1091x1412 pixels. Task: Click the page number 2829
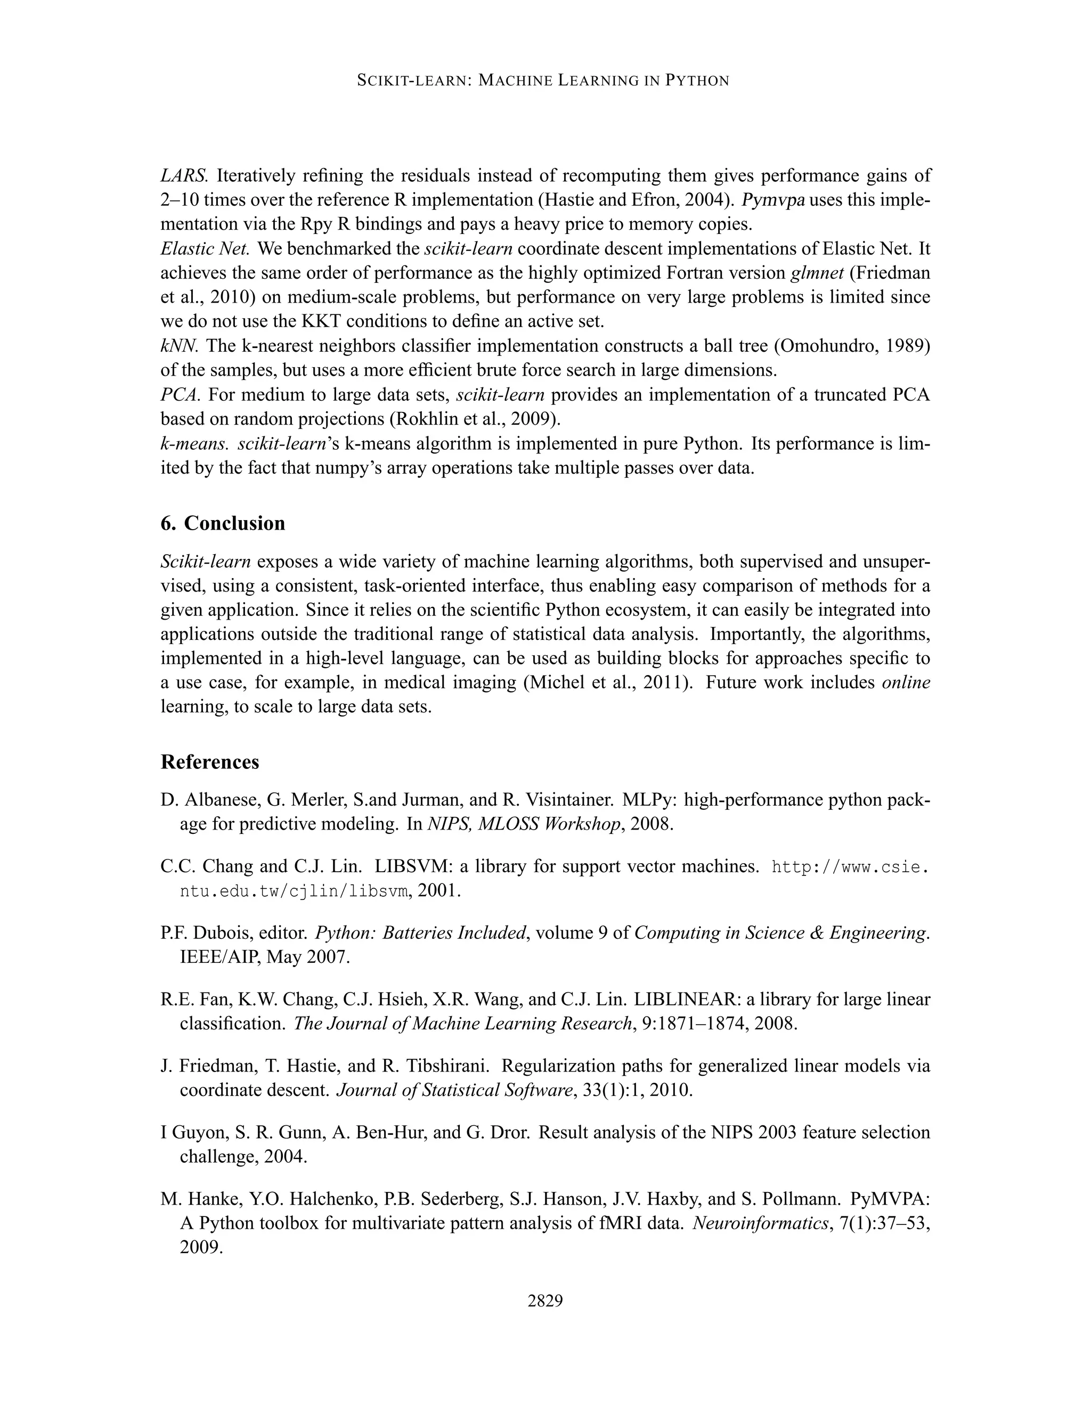(x=545, y=1300)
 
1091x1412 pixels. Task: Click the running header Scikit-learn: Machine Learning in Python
(x=543, y=81)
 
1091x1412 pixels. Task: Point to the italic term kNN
(x=179, y=346)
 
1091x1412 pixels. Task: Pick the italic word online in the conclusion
(x=906, y=682)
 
